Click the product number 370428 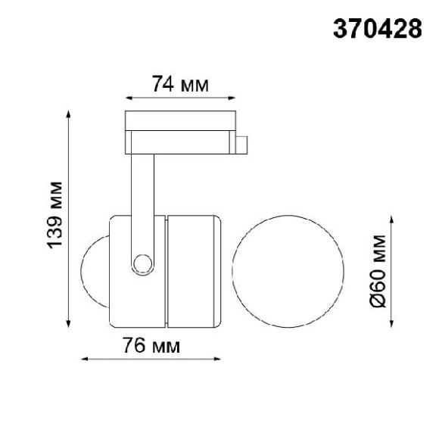click(378, 29)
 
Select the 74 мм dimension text click(180, 84)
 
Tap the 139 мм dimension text click(54, 215)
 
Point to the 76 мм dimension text click(151, 345)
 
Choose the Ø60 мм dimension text click(378, 271)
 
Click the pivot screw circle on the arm click(143, 264)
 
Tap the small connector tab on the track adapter click(241, 145)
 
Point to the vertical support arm click(143, 207)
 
